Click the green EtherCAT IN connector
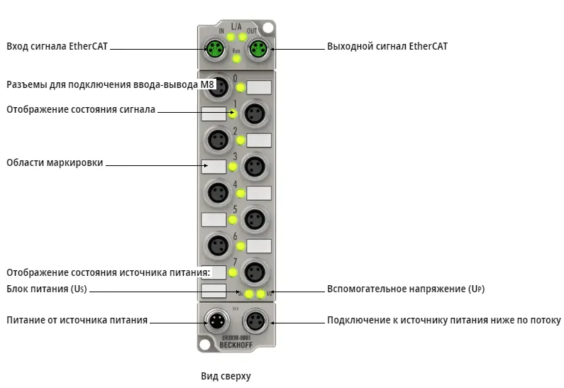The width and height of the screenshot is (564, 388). point(214,48)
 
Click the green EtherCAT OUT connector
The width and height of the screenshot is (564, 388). point(258,48)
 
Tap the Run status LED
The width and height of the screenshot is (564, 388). point(236,58)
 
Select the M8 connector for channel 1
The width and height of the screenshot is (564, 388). point(255,113)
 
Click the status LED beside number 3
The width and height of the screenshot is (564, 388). point(233,167)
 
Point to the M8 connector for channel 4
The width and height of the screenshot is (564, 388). point(218,193)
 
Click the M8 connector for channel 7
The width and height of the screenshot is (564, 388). point(255,272)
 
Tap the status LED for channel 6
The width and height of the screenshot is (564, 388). point(240,246)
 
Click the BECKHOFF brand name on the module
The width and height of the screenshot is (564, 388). point(236,345)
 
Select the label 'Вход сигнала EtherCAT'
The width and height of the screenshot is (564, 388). point(57,46)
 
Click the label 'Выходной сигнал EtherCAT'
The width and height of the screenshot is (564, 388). point(387,46)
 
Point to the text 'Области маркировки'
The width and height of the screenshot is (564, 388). point(55,163)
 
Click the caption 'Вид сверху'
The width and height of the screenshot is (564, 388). point(226,376)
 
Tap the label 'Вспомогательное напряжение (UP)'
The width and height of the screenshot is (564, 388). point(406,289)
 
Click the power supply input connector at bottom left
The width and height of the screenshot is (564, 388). point(217,321)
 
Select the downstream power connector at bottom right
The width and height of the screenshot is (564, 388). point(255,321)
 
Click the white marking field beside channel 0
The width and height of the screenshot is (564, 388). point(259,87)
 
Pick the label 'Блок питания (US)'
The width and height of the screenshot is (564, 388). point(47,289)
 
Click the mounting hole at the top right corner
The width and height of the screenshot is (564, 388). point(267,28)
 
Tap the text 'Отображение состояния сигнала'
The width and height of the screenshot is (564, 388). point(81,110)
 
